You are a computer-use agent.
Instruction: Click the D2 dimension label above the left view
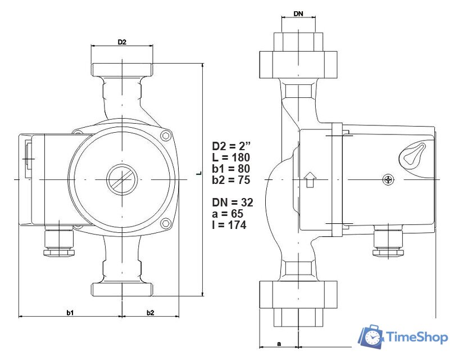121,42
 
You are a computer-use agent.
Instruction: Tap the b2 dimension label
150,312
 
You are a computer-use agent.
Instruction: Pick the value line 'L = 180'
231,156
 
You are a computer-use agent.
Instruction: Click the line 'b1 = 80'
230,168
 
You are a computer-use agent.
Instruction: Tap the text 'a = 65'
228,214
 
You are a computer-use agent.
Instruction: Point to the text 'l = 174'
229,225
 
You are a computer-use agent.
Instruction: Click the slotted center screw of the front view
121,179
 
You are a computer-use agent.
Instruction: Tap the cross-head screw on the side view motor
389,180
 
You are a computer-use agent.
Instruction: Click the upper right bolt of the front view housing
165,136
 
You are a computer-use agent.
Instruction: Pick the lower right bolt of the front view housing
165,224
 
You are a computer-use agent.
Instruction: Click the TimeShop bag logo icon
371,336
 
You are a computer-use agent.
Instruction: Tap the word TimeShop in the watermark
417,337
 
